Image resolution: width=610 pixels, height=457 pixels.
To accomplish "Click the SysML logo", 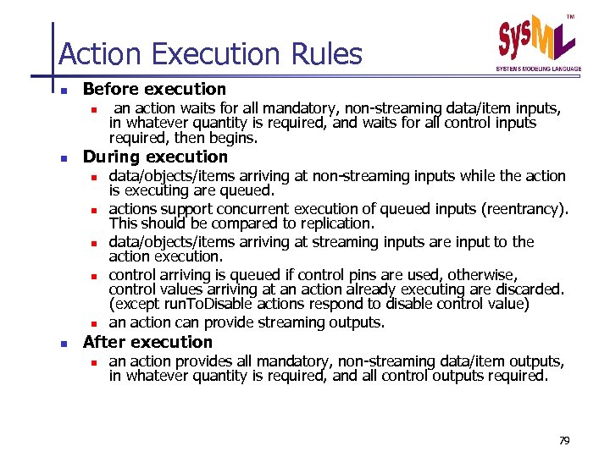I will click(x=536, y=40).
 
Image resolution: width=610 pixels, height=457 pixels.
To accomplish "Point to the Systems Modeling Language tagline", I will click(x=539, y=69).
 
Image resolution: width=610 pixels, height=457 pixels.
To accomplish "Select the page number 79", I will click(x=565, y=441).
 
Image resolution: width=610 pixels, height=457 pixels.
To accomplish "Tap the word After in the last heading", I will click(x=102, y=342).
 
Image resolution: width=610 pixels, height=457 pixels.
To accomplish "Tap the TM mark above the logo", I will click(x=571, y=16).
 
